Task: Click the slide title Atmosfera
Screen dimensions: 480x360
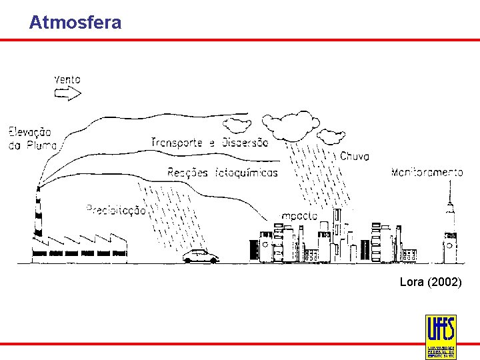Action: pos(75,23)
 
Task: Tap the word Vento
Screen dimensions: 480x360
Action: pos(67,79)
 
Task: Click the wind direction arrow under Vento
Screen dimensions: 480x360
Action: pos(67,94)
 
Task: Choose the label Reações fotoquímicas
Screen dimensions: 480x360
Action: pos(223,173)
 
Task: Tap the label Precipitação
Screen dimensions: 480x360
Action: pos(116,210)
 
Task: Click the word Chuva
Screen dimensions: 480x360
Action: pos(355,157)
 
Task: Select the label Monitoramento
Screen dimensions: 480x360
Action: pos(427,173)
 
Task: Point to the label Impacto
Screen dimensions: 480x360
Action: pos(299,216)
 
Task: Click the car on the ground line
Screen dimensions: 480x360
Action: pos(201,257)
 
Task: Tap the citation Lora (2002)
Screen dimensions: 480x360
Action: pos(430,283)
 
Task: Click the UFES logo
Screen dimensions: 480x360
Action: pos(441,336)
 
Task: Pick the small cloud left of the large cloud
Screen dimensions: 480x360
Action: pos(237,124)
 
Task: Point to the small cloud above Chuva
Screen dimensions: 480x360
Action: pos(331,137)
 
